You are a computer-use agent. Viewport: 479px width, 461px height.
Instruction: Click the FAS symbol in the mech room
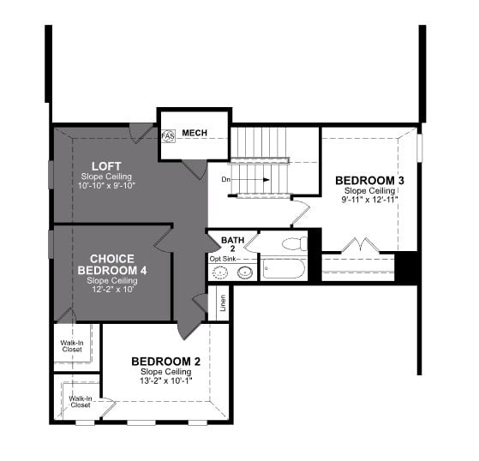pyautogui.click(x=168, y=135)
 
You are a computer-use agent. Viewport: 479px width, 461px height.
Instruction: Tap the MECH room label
pyautogui.click(x=195, y=133)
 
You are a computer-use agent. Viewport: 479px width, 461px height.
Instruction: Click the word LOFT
pyautogui.click(x=106, y=166)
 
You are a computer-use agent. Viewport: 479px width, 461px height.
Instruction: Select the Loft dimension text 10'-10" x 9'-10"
pyautogui.click(x=106, y=185)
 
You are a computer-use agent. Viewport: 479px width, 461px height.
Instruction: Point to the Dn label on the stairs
pyautogui.click(x=225, y=180)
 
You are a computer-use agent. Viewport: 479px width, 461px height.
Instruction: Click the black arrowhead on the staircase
pyautogui.click(x=266, y=180)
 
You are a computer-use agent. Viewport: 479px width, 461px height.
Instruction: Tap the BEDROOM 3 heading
pyautogui.click(x=369, y=181)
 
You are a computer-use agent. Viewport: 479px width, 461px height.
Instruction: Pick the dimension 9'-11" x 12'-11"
pyautogui.click(x=369, y=200)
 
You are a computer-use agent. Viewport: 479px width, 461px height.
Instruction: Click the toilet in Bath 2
pyautogui.click(x=295, y=243)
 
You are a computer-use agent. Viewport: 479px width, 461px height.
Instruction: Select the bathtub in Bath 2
pyautogui.click(x=284, y=268)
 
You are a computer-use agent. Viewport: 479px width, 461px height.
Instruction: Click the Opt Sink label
pyautogui.click(x=223, y=259)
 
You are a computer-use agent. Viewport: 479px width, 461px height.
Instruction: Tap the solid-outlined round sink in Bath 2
pyautogui.click(x=245, y=272)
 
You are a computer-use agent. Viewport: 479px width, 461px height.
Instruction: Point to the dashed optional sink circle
pyautogui.click(x=219, y=272)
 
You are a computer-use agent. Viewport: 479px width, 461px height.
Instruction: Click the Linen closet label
pyautogui.click(x=224, y=303)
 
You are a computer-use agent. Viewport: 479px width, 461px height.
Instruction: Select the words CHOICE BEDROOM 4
pyautogui.click(x=112, y=265)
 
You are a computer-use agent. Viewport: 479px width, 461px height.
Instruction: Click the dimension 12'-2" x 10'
pyautogui.click(x=112, y=290)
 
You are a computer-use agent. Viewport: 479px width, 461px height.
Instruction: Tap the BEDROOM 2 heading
pyautogui.click(x=166, y=362)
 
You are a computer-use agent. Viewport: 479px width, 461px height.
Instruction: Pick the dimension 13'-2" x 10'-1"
pyautogui.click(x=166, y=381)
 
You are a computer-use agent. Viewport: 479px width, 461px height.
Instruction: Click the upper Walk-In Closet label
pyautogui.click(x=72, y=346)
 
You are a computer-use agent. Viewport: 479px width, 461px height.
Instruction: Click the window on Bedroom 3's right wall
pyautogui.click(x=420, y=147)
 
